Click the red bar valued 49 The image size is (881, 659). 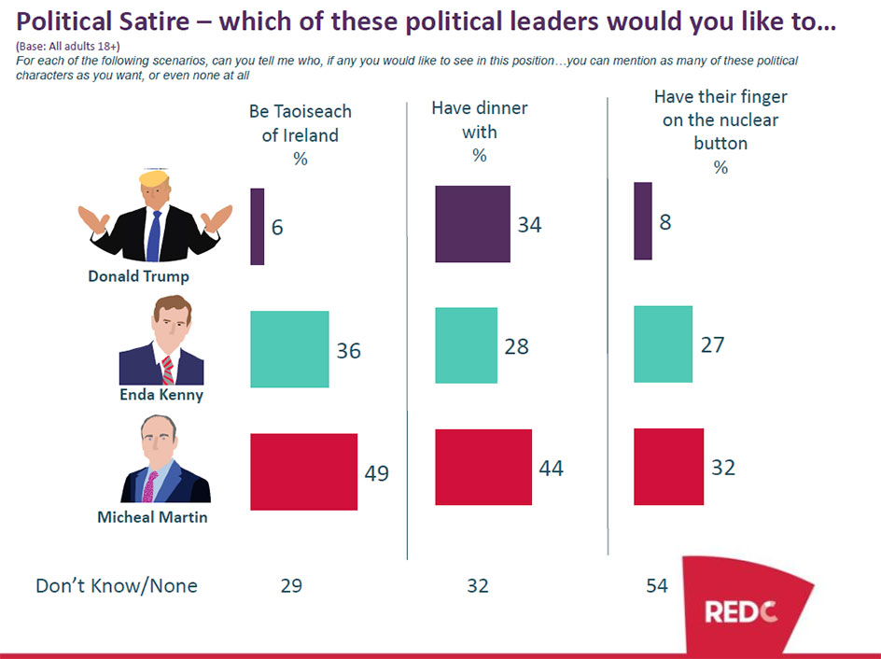(x=304, y=471)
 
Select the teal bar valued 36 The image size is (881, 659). (x=289, y=349)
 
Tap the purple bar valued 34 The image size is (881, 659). (x=472, y=224)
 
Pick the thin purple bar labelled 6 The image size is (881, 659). (x=258, y=226)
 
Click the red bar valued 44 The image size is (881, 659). (x=483, y=467)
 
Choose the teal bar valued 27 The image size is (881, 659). (x=663, y=344)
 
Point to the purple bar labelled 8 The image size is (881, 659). (x=642, y=221)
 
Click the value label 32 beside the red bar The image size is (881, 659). (x=723, y=467)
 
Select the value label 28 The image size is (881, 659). (x=516, y=346)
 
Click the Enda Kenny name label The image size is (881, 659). (x=161, y=394)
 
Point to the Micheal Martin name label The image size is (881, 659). (x=152, y=516)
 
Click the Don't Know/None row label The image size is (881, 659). (x=116, y=586)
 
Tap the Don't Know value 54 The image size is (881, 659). (x=656, y=586)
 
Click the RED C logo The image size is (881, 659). (x=740, y=611)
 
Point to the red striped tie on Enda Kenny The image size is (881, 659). (x=168, y=369)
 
